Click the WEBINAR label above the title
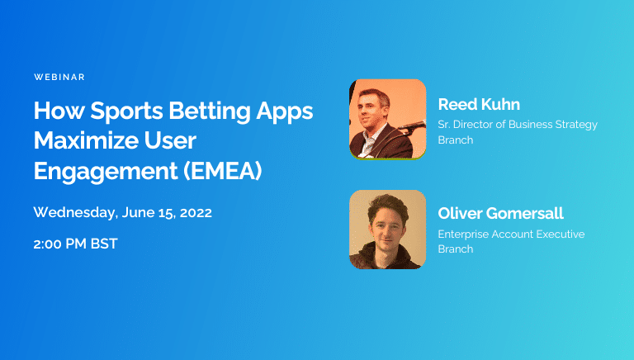tap(59, 77)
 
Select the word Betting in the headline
tap(216, 111)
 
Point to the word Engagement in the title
tap(106, 171)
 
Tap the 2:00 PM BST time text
tap(75, 245)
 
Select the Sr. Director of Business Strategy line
tap(518, 125)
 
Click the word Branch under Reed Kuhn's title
tap(456, 140)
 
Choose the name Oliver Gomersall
tap(500, 214)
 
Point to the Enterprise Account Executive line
tap(511, 234)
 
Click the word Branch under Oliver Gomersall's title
tap(456, 249)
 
